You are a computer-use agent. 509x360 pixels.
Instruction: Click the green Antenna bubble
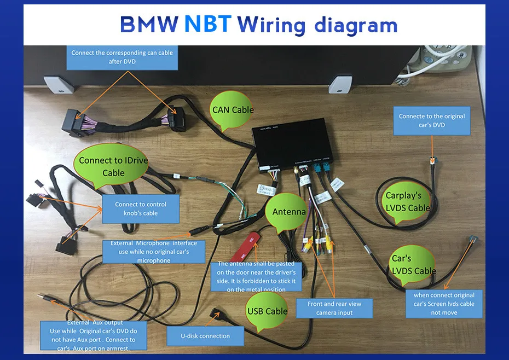click(x=288, y=212)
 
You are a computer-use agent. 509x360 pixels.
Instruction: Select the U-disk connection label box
click(x=205, y=335)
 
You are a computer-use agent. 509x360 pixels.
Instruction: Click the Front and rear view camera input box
click(x=334, y=308)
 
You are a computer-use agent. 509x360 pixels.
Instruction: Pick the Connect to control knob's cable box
click(x=141, y=208)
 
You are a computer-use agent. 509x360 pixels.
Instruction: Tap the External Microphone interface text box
click(x=153, y=252)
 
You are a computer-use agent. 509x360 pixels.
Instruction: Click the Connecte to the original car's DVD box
click(x=432, y=120)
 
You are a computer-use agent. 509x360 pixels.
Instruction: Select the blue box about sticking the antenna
click(x=256, y=276)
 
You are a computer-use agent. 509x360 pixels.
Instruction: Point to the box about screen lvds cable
click(x=444, y=304)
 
